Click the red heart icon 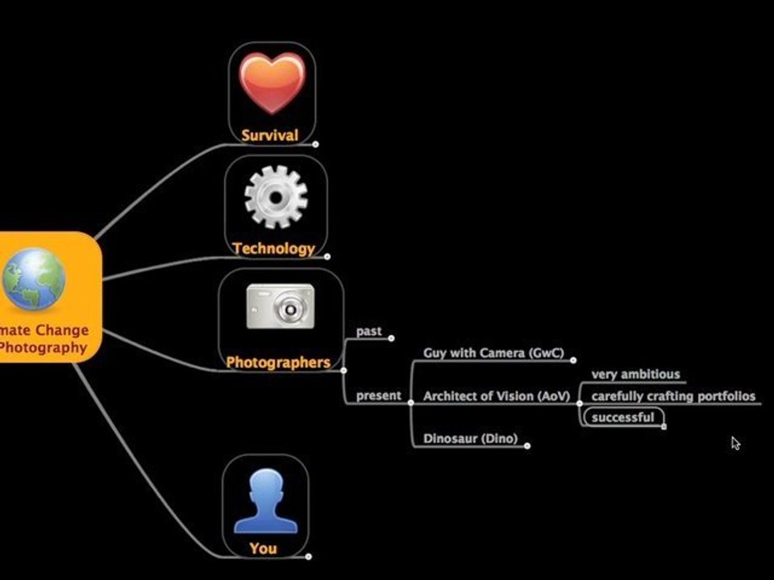pyautogui.click(x=273, y=83)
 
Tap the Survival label pyautogui.click(x=270, y=135)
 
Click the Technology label pyautogui.click(x=273, y=248)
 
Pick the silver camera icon pyautogui.click(x=280, y=307)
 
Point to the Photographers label pyautogui.click(x=278, y=362)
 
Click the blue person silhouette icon pyautogui.click(x=265, y=502)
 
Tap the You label pyautogui.click(x=263, y=549)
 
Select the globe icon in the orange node pyautogui.click(x=33, y=279)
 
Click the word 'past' pyautogui.click(x=369, y=331)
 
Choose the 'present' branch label pyautogui.click(x=378, y=396)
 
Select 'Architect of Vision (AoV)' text pyautogui.click(x=496, y=396)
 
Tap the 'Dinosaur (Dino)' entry pyautogui.click(x=470, y=439)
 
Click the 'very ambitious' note pyautogui.click(x=635, y=375)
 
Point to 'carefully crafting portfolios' pyautogui.click(x=673, y=396)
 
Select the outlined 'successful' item pyautogui.click(x=622, y=417)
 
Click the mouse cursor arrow pyautogui.click(x=735, y=442)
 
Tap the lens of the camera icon pyautogui.click(x=288, y=308)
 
